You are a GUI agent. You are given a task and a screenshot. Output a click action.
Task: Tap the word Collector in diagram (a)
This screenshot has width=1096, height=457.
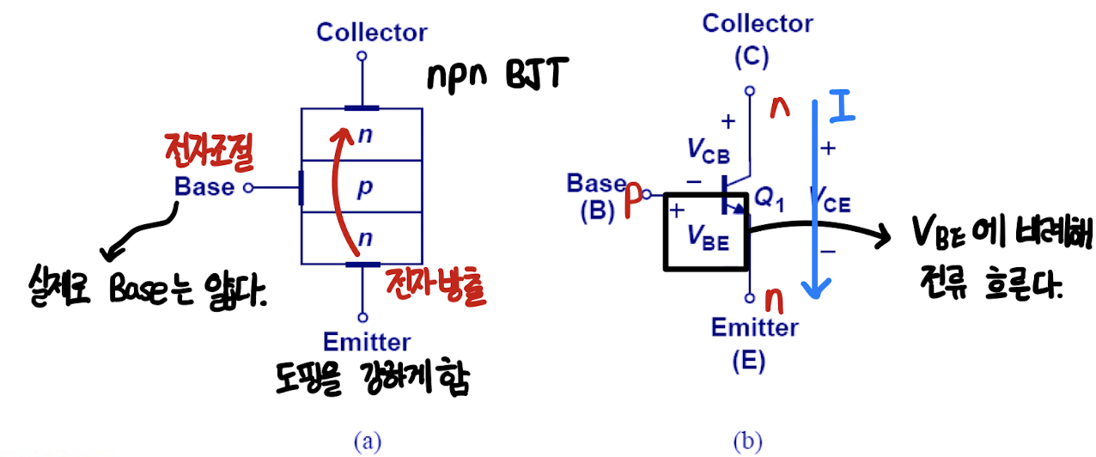(x=371, y=33)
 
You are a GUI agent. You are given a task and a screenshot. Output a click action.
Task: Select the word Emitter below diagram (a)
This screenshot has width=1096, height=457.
(x=368, y=342)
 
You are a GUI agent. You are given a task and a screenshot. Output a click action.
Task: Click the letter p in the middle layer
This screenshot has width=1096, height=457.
(x=364, y=188)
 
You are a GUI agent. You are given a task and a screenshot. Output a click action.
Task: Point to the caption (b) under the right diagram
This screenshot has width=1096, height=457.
(x=747, y=442)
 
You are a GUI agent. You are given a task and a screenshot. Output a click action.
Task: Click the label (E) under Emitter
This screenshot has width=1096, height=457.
(x=747, y=362)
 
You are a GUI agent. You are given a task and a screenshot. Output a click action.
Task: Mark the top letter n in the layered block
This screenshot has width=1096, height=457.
(x=363, y=135)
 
